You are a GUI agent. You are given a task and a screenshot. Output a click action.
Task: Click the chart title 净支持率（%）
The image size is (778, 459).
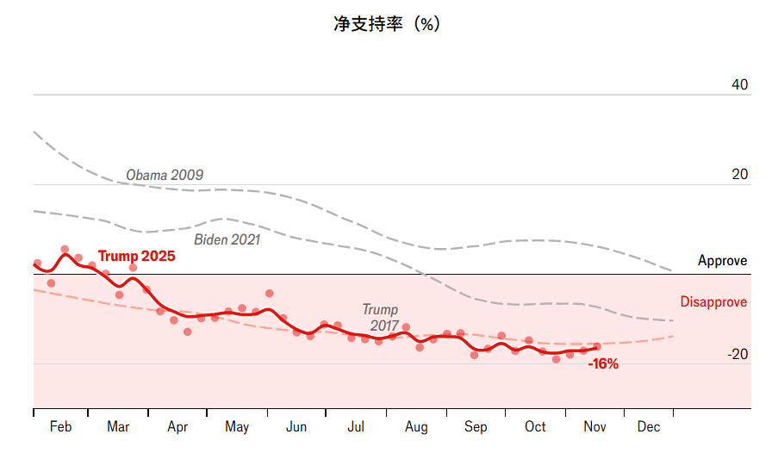coord(387,24)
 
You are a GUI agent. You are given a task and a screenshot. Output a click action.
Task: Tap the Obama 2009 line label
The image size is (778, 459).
coord(165,175)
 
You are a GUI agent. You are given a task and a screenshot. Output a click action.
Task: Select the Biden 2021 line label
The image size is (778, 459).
coord(227,239)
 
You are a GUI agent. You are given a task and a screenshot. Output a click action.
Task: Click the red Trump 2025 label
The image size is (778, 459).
coord(136,256)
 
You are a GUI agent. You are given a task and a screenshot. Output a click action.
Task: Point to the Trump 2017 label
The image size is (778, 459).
coord(381,317)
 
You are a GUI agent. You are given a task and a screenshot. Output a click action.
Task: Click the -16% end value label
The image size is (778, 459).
coord(603,363)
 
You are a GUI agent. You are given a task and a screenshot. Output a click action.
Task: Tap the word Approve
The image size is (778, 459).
coord(722,260)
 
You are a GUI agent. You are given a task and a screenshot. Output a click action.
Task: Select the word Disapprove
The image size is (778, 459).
coord(713,302)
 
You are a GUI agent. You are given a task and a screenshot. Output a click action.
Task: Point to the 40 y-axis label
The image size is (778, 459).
coord(739,84)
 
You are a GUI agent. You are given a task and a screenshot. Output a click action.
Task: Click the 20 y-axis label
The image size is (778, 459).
coord(739,174)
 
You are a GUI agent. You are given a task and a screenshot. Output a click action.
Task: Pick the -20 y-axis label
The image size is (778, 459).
coord(737,354)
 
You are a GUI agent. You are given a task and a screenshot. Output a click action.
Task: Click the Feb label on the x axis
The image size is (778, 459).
coord(60,426)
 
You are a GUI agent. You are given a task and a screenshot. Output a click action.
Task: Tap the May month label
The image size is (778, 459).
coord(237,426)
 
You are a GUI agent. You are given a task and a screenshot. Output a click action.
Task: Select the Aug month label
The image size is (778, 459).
coord(416,426)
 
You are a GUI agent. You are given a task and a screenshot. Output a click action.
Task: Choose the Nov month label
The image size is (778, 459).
coord(594,426)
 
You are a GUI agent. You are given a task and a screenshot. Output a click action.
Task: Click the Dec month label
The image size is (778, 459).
coord(649,426)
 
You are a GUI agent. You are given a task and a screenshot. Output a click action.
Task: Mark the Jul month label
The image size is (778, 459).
coord(356,426)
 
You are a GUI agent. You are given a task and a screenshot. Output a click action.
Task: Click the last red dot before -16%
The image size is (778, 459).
coord(596,346)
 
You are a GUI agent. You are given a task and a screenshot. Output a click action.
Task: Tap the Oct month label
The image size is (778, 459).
coord(535,426)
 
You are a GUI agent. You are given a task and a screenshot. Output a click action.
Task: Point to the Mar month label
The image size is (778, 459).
coord(118,426)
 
